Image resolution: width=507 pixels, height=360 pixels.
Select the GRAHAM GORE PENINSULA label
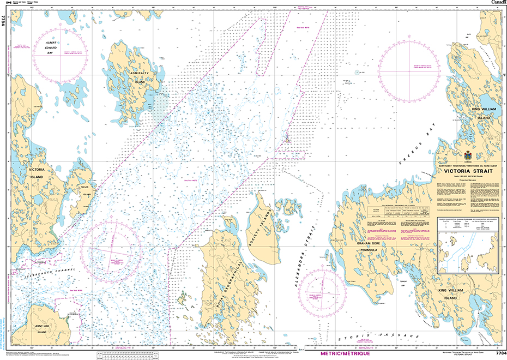click(x=371, y=248)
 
